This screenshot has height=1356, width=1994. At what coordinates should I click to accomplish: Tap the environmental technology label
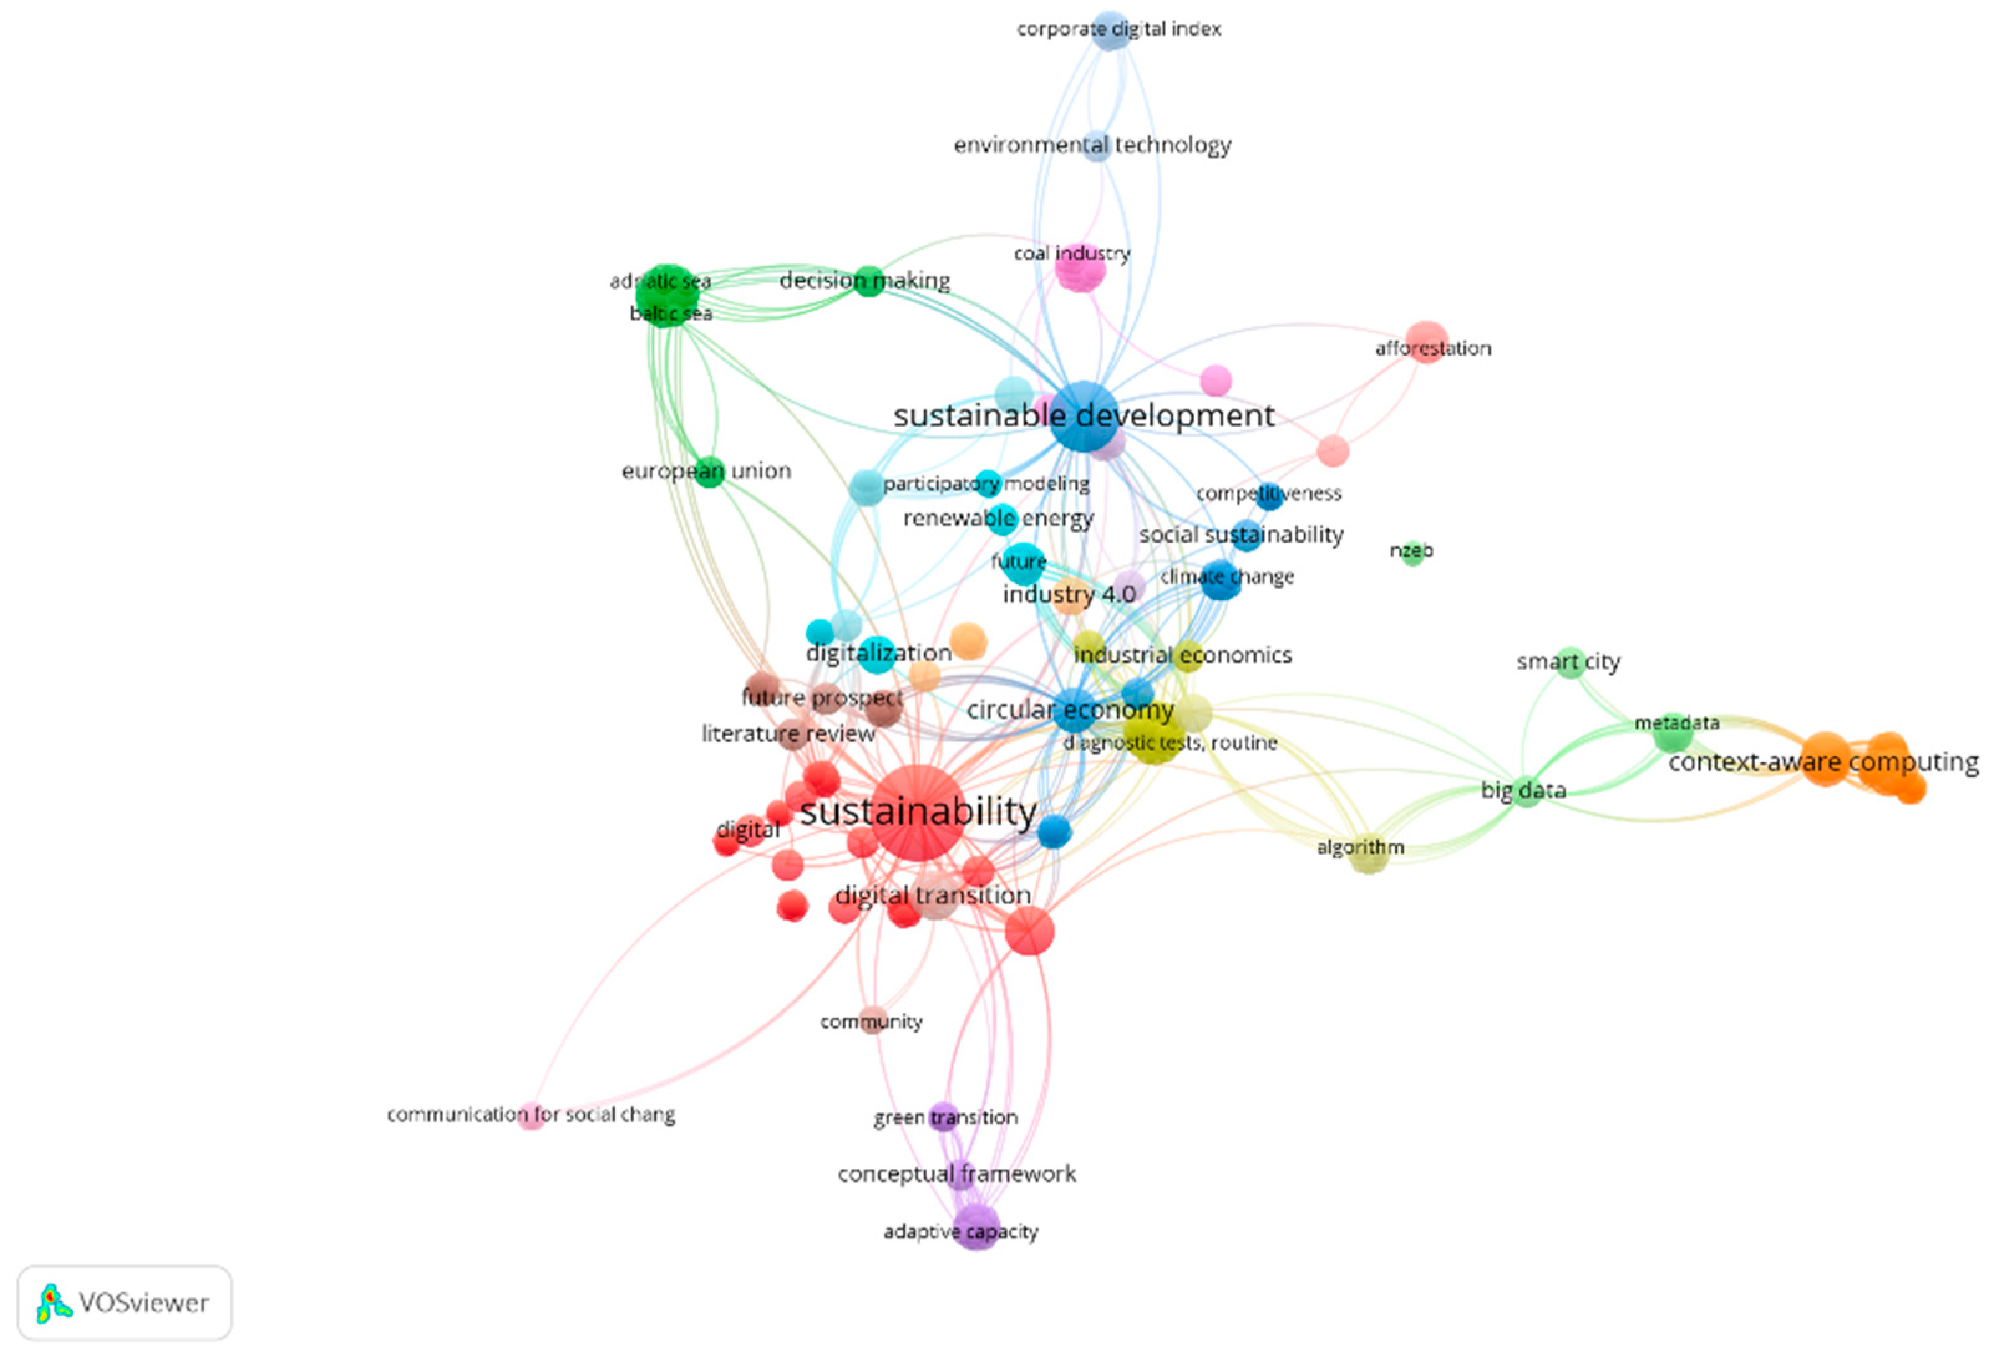1092,145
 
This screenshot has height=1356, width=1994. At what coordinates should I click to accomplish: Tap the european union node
709,471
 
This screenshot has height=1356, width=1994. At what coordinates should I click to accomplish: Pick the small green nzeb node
1411,552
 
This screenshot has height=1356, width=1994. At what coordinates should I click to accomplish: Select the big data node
1524,790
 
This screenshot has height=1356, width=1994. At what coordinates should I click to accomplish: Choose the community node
872,1019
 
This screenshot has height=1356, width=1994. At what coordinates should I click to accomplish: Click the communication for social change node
532,1116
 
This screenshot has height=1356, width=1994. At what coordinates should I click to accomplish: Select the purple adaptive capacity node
976,1226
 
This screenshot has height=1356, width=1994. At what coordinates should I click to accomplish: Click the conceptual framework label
956,1174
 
